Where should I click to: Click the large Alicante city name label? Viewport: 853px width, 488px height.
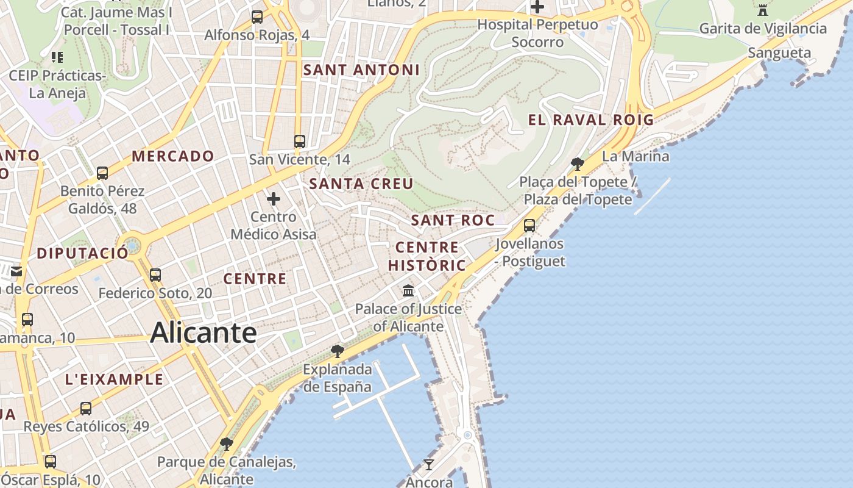pyautogui.click(x=203, y=333)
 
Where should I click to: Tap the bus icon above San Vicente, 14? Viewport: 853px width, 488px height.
pyautogui.click(x=299, y=142)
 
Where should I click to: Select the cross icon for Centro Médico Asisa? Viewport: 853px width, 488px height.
pyautogui.click(x=274, y=198)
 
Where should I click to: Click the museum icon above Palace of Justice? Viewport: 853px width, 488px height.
pyautogui.click(x=408, y=290)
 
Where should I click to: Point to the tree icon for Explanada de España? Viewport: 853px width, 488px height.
pyautogui.click(x=337, y=351)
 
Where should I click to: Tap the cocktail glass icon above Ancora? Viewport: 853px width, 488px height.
pyautogui.click(x=429, y=465)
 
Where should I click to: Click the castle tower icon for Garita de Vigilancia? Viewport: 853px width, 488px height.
pyautogui.click(x=762, y=10)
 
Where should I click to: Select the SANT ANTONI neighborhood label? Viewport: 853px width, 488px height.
pyautogui.click(x=361, y=70)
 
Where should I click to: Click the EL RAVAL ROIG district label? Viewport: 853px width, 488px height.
pyautogui.click(x=590, y=120)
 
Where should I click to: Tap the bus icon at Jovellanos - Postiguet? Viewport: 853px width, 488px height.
pyautogui.click(x=529, y=226)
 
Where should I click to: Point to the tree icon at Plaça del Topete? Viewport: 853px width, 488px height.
pyautogui.click(x=577, y=163)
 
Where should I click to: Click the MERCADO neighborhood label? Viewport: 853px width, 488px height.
pyautogui.click(x=173, y=156)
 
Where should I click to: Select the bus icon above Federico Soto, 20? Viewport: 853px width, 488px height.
pyautogui.click(x=155, y=275)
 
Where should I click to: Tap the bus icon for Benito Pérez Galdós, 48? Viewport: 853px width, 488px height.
pyautogui.click(x=102, y=173)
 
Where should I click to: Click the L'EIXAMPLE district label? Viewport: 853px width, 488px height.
pyautogui.click(x=115, y=379)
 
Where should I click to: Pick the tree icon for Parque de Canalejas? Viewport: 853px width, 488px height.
pyautogui.click(x=227, y=443)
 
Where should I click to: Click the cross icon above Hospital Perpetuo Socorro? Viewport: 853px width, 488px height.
pyautogui.click(x=537, y=7)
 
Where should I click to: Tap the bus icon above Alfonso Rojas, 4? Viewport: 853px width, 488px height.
pyautogui.click(x=257, y=17)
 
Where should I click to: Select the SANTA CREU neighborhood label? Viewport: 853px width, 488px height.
pyautogui.click(x=361, y=184)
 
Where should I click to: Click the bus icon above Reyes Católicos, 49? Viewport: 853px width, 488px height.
pyautogui.click(x=86, y=409)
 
